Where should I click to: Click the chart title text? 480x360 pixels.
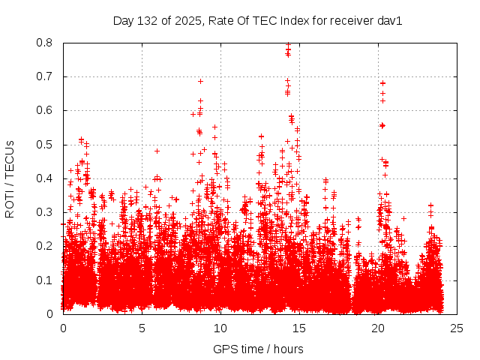point(258,21)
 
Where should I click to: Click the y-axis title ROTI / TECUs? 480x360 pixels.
point(10,178)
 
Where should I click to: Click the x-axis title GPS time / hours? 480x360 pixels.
point(258,349)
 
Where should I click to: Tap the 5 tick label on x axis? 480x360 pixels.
point(142,328)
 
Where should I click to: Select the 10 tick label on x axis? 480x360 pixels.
point(220,328)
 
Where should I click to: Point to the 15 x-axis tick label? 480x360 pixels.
point(299,328)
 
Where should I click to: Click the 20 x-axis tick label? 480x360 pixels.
point(377,328)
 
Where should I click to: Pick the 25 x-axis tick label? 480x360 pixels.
point(456,328)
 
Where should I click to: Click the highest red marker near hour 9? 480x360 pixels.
point(200,81)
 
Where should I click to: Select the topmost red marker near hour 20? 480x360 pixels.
point(382,83)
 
